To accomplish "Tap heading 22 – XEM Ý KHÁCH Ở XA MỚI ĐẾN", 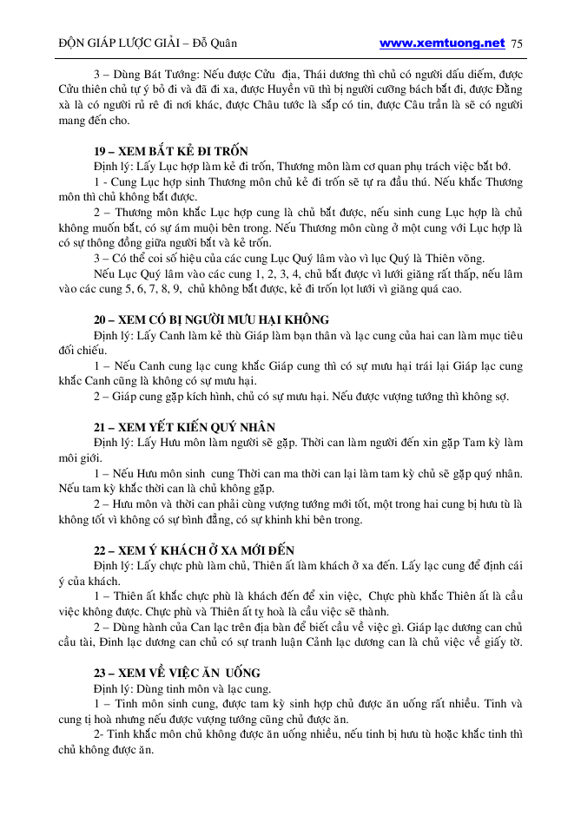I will click(194, 550).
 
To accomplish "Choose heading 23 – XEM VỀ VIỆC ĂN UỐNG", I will click(177, 674).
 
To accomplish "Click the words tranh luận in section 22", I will click(324, 643).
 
